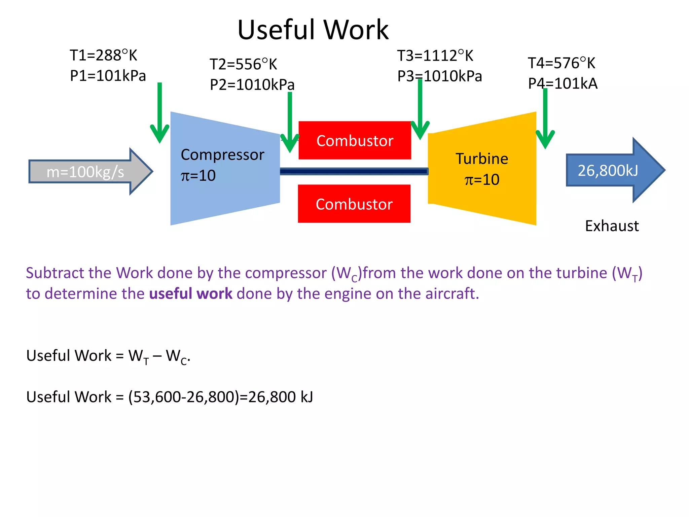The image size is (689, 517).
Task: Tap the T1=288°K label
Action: pyautogui.click(x=103, y=56)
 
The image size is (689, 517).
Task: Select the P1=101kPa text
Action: pyautogui.click(x=108, y=76)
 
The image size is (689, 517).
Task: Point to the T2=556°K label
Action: pyautogui.click(x=243, y=64)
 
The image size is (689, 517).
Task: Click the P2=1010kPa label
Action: pyautogui.click(x=252, y=84)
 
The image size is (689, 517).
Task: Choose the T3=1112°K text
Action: pyautogui.click(x=435, y=56)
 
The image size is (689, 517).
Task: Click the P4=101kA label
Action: pyautogui.click(x=563, y=83)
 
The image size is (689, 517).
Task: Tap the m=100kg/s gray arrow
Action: pyautogui.click(x=86, y=172)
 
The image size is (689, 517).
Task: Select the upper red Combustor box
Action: pyautogui.click(x=355, y=140)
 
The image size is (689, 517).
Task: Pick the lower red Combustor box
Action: pyautogui.click(x=354, y=204)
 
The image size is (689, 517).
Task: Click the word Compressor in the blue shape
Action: pyautogui.click(x=222, y=155)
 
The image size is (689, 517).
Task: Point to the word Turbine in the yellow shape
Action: pyautogui.click(x=482, y=159)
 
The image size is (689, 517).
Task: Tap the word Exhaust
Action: pyautogui.click(x=612, y=226)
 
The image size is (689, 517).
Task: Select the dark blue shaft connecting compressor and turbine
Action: pyautogui.click(x=353, y=172)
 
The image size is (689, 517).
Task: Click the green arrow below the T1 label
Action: pyautogui.click(x=159, y=114)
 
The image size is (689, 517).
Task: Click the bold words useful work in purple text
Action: pyautogui.click(x=190, y=294)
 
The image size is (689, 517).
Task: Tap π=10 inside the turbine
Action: pyautogui.click(x=482, y=180)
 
